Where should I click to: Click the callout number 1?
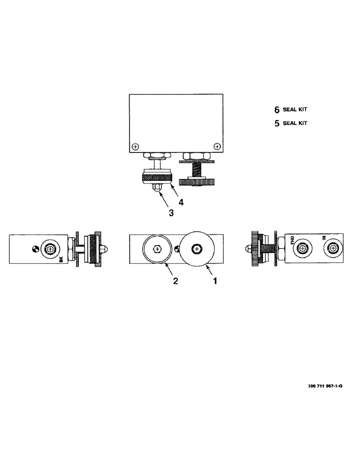coord(215,281)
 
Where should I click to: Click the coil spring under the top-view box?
coord(196,171)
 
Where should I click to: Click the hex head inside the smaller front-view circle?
coord(159,249)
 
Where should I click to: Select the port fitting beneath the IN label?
coord(333,249)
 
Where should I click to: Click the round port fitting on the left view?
coord(50,249)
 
